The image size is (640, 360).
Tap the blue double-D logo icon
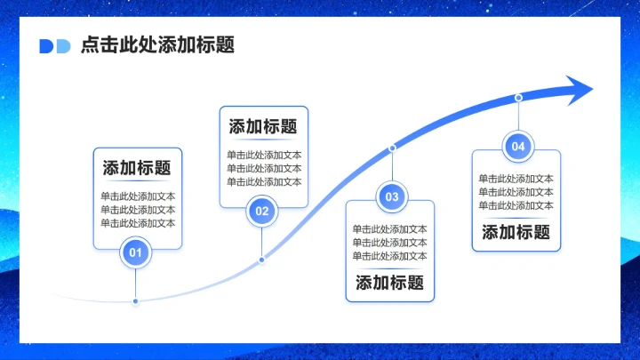pyautogui.click(x=54, y=46)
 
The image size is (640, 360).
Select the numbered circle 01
pyautogui.click(x=135, y=253)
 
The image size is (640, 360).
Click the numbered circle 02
pyautogui.click(x=261, y=212)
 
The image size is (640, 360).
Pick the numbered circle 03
pyautogui.click(x=392, y=196)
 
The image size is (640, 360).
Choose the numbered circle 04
pyautogui.click(x=518, y=147)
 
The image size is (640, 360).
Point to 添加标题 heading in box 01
pyautogui.click(x=137, y=168)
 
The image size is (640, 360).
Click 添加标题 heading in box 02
pyautogui.click(x=263, y=126)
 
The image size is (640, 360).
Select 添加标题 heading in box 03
pyautogui.click(x=389, y=284)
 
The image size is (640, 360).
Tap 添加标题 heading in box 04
pyautogui.click(x=516, y=233)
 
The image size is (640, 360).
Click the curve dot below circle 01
pyautogui.click(x=135, y=301)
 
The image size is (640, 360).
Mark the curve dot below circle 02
pyautogui.click(x=261, y=260)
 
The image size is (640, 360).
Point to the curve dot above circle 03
pyautogui.click(x=392, y=148)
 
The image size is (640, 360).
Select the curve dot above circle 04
pyautogui.click(x=518, y=97)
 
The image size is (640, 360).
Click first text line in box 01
pyautogui.click(x=138, y=196)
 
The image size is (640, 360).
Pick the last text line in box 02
pyautogui.click(x=264, y=181)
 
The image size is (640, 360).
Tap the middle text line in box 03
pyautogui.click(x=390, y=242)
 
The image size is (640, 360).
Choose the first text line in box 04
pyautogui.click(x=516, y=178)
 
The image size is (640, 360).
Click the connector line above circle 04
pyautogui.click(x=518, y=116)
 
